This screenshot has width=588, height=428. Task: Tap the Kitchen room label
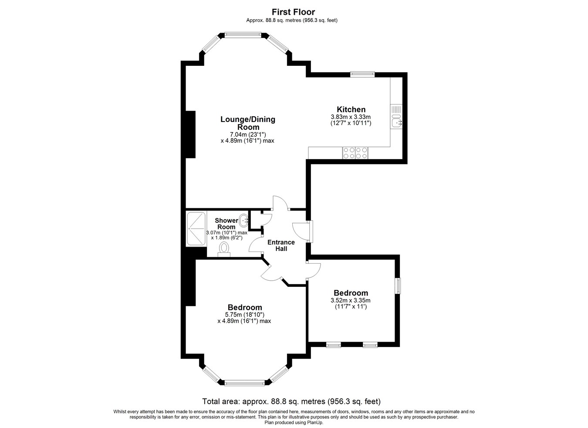click(351, 109)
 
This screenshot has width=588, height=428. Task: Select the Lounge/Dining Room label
click(247, 123)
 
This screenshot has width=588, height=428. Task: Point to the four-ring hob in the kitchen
click(355, 153)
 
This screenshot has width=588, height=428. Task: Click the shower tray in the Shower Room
click(196, 228)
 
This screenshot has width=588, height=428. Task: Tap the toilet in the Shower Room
click(224, 249)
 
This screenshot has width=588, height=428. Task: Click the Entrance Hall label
click(281, 245)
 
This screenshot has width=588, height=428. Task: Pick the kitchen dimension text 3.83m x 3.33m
click(351, 117)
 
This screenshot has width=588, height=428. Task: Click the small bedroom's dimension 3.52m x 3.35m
click(351, 300)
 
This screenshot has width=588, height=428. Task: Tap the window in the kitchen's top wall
click(362, 75)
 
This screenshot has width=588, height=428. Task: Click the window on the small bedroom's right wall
click(398, 286)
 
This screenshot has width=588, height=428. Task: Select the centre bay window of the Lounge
click(243, 34)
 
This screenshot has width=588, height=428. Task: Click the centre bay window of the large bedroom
click(244, 383)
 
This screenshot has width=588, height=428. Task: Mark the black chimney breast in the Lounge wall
click(190, 134)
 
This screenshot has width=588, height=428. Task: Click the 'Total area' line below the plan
click(291, 401)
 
